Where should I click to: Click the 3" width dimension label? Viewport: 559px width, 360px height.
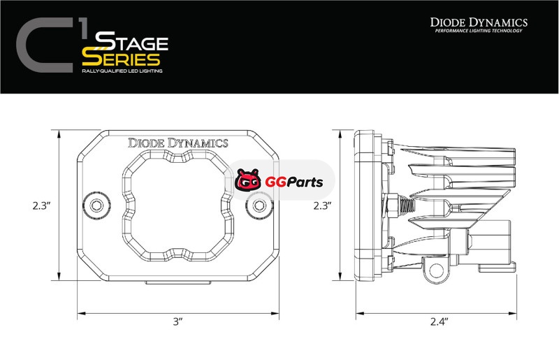pyautogui.click(x=178, y=322)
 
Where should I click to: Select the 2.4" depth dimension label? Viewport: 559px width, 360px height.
pyautogui.click(x=439, y=322)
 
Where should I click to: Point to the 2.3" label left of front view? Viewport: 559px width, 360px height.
pyautogui.click(x=41, y=206)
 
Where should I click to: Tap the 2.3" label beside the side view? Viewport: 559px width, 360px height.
pyautogui.click(x=323, y=206)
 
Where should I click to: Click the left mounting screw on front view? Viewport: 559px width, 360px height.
pyautogui.click(x=96, y=206)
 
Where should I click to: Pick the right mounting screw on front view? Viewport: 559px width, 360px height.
pyautogui.click(x=259, y=206)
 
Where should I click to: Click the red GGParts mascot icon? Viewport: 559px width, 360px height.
pyautogui.click(x=248, y=180)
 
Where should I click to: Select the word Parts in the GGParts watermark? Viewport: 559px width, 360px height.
pyautogui.click(x=305, y=182)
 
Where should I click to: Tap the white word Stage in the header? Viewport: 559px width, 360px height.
pyautogui.click(x=131, y=41)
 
